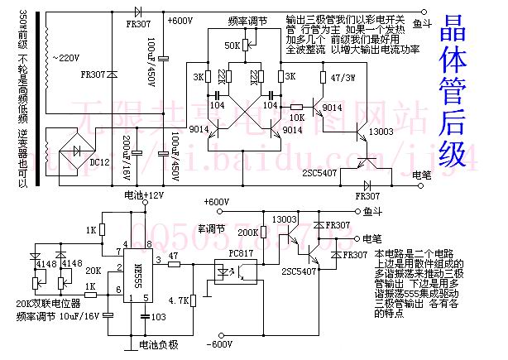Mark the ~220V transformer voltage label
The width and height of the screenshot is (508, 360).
[69, 57]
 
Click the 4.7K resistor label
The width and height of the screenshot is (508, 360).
[178, 300]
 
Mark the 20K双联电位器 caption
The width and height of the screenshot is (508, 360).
[49, 304]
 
